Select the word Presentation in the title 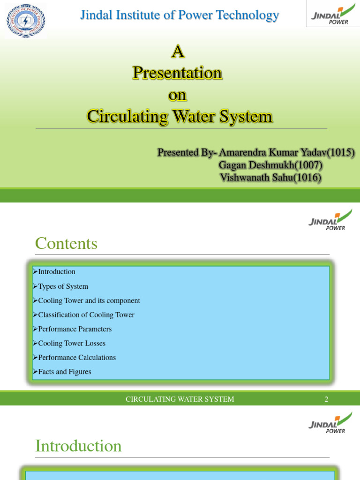pos(177,73)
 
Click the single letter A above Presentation pos(177,51)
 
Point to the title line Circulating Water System pos(180,116)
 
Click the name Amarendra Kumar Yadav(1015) pos(286,152)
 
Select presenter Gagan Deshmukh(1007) pos(270,165)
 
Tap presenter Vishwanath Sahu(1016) pos(270,178)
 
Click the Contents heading pos(66,243)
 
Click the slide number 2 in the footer pos(326,399)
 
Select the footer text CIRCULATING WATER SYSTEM pos(180,399)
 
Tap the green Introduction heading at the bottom pos(78,446)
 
